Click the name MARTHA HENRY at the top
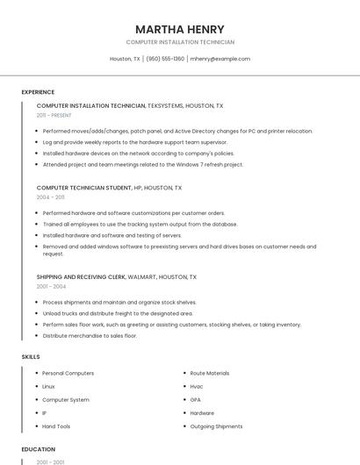tap(180, 29)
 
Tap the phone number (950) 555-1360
tap(165, 59)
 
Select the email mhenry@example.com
tap(220, 59)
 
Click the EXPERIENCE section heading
tap(38, 92)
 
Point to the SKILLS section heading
tap(30, 357)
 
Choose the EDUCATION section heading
tap(38, 449)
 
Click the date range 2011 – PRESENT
tap(54, 115)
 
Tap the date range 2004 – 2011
tap(51, 197)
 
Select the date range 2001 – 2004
tap(51, 286)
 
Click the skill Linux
tap(48, 386)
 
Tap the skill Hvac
tap(197, 386)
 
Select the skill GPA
tap(196, 399)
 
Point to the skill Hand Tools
tap(56, 426)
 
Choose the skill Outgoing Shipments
tap(216, 426)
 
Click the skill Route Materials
tap(210, 373)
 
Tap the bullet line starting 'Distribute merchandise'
tap(90, 335)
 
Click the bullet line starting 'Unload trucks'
tap(118, 313)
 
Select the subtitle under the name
tap(180, 42)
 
